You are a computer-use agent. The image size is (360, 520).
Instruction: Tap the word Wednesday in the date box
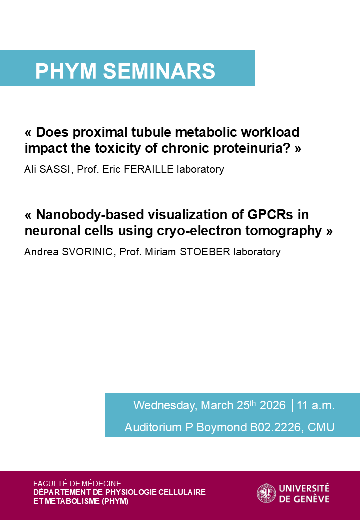tap(165, 405)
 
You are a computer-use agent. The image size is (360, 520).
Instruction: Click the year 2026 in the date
tap(273, 405)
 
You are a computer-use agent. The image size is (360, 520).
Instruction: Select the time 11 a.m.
tap(316, 405)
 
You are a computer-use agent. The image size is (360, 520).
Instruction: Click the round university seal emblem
tap(266, 493)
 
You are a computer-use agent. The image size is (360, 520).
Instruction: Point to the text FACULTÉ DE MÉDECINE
tap(77, 483)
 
